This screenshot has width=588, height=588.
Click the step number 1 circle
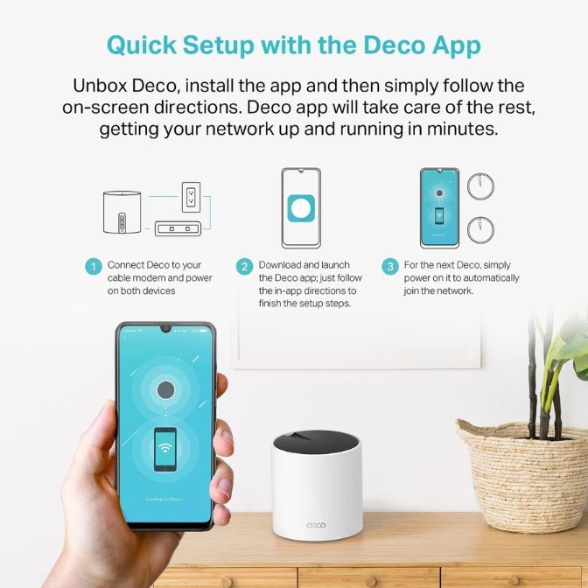(x=93, y=266)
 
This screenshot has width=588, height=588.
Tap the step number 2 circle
(x=245, y=266)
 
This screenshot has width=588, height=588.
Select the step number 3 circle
(x=389, y=266)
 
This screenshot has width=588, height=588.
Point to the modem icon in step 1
(x=178, y=228)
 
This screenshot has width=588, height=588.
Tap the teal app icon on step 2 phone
(x=300, y=209)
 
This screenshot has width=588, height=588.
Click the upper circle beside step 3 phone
(x=478, y=185)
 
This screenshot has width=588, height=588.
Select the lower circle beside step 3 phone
(x=478, y=230)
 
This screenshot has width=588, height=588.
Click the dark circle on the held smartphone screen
(x=166, y=390)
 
